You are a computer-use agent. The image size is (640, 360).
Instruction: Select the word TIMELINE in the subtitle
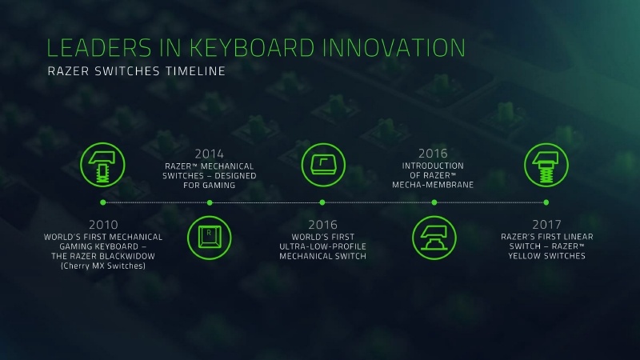[190, 71]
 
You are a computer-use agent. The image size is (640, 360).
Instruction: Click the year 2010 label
[103, 226]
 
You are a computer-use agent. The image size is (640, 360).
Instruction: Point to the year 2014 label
[210, 153]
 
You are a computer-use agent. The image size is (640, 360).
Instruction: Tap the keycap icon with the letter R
[210, 238]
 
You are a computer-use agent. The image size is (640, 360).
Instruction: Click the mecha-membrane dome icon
[434, 238]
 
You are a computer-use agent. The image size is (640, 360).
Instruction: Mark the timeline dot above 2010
[103, 202]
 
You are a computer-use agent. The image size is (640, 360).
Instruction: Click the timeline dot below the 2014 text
[210, 202]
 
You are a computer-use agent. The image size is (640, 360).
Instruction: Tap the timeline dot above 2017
[546, 202]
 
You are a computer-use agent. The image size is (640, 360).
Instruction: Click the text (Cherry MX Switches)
[103, 266]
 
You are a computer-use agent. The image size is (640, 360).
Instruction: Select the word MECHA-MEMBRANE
[434, 184]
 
